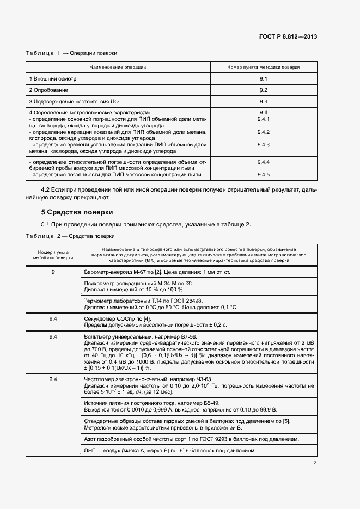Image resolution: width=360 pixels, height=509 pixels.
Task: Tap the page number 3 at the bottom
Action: click(315, 463)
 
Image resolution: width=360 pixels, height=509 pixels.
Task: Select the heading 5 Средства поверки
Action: click(77, 212)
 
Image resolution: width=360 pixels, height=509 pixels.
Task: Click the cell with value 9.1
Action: click(263, 79)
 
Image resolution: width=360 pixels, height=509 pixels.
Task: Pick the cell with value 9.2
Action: click(263, 90)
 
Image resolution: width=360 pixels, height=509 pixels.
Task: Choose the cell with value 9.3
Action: click(263, 101)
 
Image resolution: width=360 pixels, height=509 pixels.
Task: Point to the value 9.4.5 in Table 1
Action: click(263, 174)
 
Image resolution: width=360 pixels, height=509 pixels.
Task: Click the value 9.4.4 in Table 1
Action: click(263, 162)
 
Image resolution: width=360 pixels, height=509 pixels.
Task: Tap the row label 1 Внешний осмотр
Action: click(52, 79)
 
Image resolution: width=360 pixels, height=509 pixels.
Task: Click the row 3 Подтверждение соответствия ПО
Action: click(74, 101)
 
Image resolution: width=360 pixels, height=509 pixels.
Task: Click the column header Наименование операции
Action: click(118, 67)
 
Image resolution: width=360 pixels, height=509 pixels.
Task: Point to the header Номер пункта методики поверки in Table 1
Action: click(263, 67)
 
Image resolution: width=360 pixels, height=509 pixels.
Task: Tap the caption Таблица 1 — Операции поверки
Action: click(71, 53)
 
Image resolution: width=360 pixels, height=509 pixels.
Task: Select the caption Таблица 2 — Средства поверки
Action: click(70, 236)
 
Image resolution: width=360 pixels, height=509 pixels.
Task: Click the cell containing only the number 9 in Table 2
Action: click(53, 271)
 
